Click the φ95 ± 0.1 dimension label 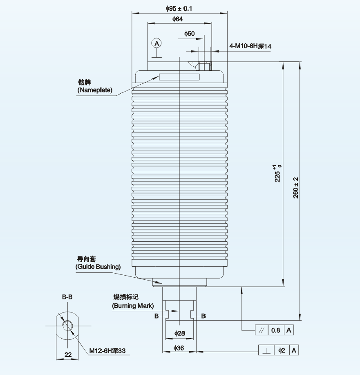pos(179,8)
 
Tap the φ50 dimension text pos(190,34)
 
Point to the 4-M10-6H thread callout pos(250,46)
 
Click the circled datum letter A pos(156,43)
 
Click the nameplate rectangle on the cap pos(179,77)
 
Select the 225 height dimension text pos(278,173)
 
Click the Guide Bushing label pos(98,267)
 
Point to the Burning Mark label pos(133,306)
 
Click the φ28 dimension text pos(180,333)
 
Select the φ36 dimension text pos(180,348)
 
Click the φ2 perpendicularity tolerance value pos(282,350)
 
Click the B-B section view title pos(67,297)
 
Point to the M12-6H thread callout pos(107,350)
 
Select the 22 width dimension pos(68,354)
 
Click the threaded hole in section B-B pos(67,326)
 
